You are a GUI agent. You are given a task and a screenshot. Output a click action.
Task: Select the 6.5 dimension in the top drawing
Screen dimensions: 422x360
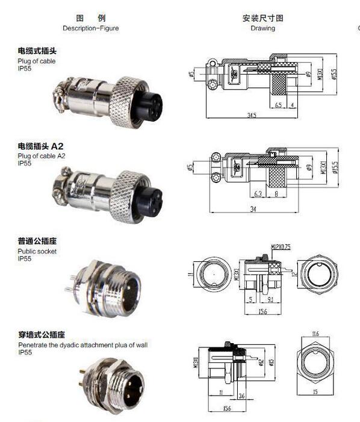tap(278, 105)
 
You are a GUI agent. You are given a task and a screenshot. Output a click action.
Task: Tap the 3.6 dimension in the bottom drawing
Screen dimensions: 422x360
tap(241, 395)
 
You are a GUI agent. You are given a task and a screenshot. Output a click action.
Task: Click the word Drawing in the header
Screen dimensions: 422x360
tap(262, 28)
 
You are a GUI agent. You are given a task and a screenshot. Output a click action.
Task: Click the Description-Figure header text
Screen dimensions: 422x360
tap(90, 28)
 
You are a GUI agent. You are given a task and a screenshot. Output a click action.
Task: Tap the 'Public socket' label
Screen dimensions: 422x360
tap(37, 251)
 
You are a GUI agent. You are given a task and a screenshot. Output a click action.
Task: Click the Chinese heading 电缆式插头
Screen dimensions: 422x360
tap(37, 51)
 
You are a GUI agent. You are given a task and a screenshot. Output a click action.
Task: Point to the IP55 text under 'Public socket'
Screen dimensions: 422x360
tap(25, 258)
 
